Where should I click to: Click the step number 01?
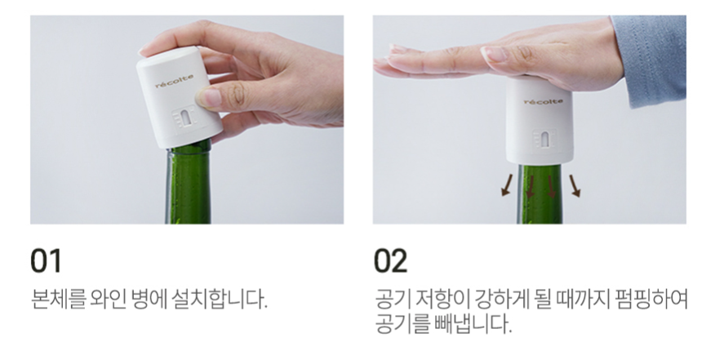point(46,260)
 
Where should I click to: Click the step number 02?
point(390,260)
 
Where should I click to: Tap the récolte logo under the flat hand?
point(544,101)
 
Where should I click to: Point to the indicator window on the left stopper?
point(185,118)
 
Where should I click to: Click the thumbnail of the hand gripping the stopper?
point(187,119)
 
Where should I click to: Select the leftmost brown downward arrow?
point(507,184)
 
